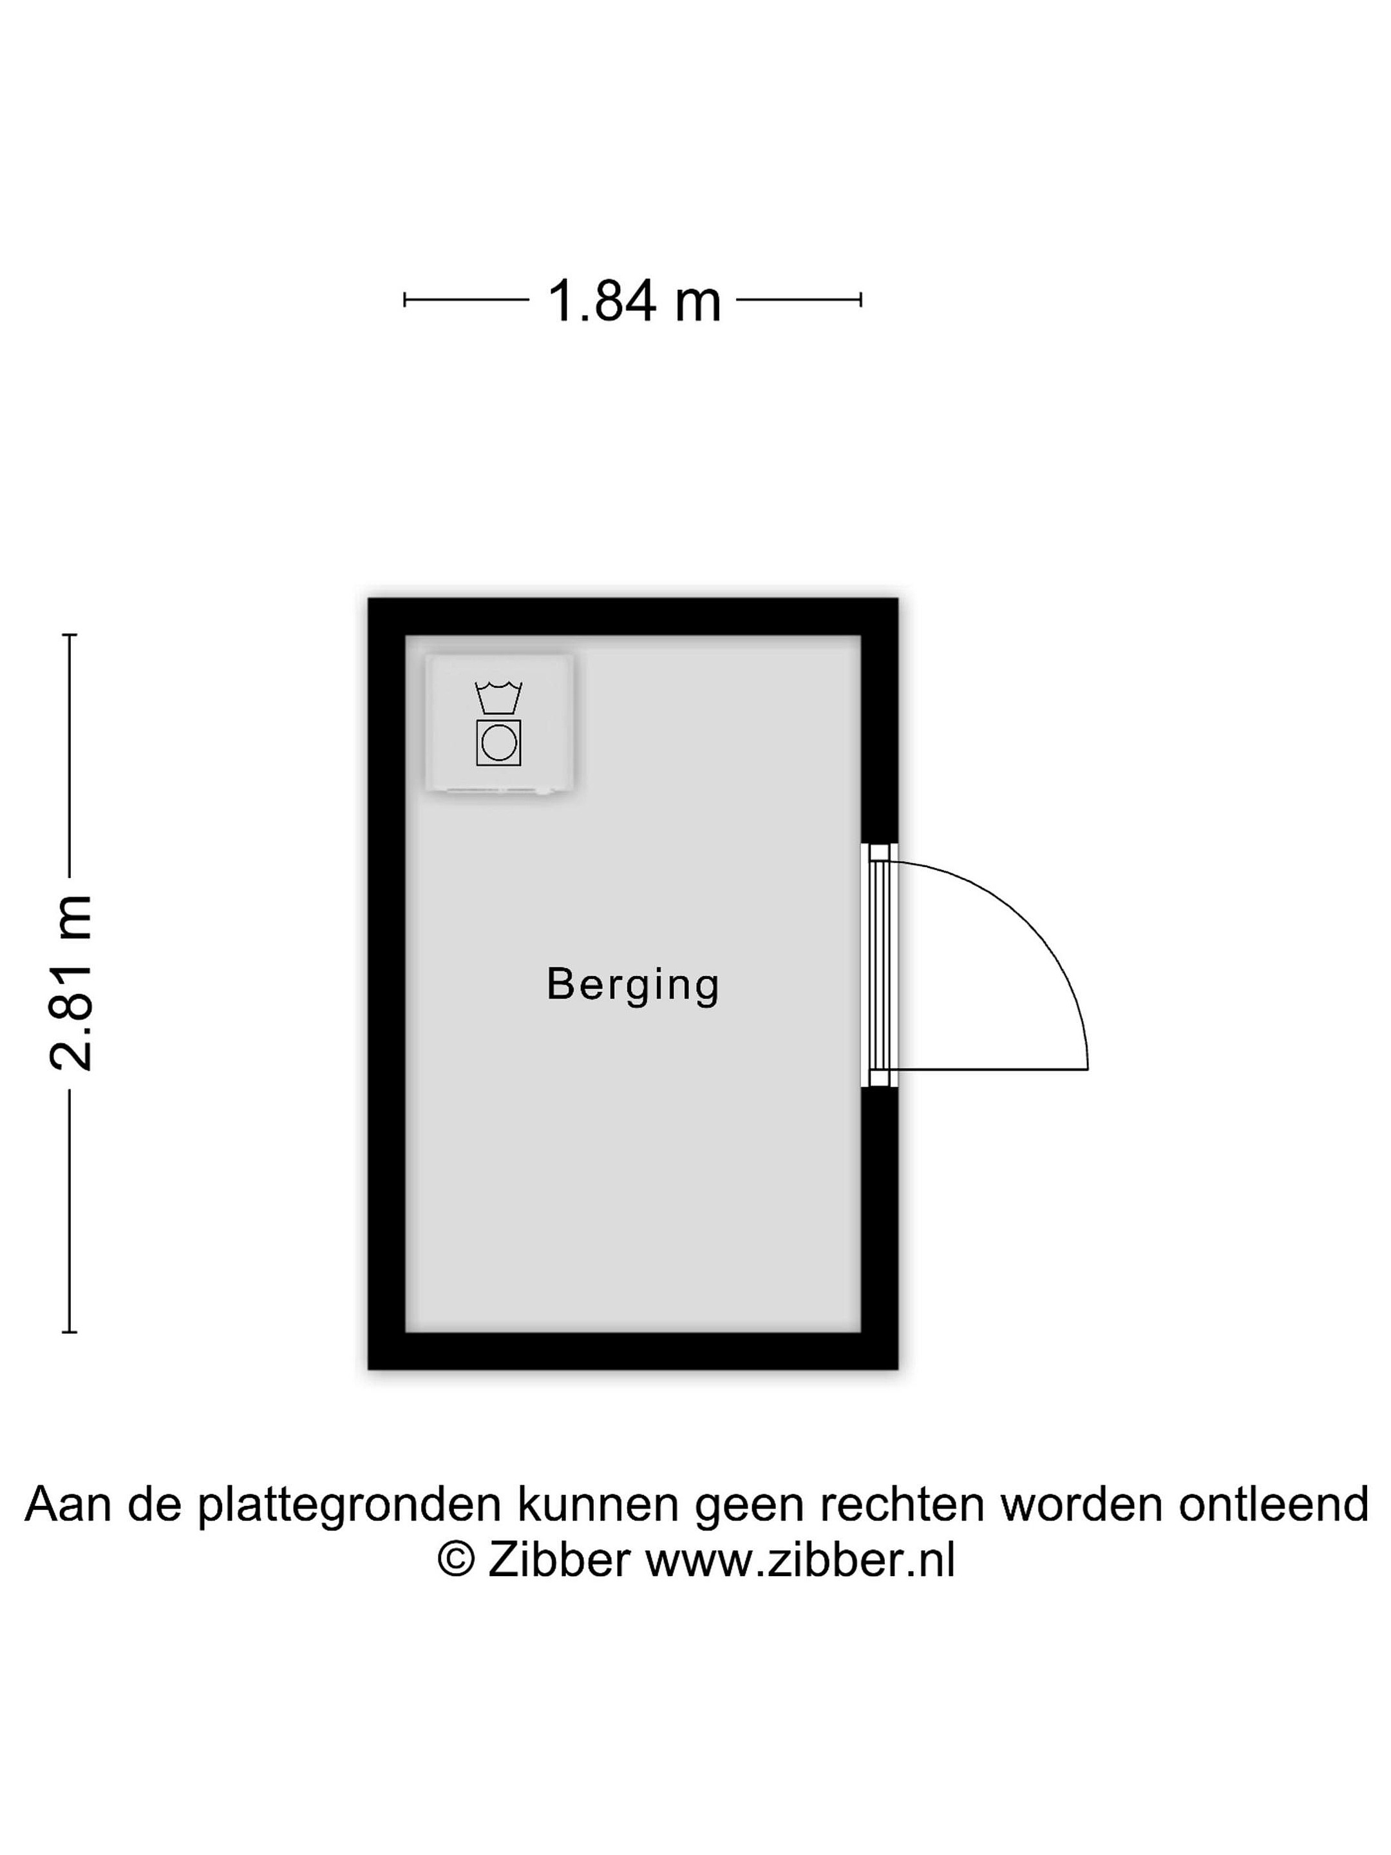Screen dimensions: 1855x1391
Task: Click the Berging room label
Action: pyautogui.click(x=633, y=985)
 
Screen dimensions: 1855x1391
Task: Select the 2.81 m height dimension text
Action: pyautogui.click(x=71, y=984)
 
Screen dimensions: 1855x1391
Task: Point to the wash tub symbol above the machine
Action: pyautogui.click(x=499, y=698)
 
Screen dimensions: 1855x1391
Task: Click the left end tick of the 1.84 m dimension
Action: pyautogui.click(x=405, y=300)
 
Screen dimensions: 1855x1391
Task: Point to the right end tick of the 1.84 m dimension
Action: pyautogui.click(x=861, y=300)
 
